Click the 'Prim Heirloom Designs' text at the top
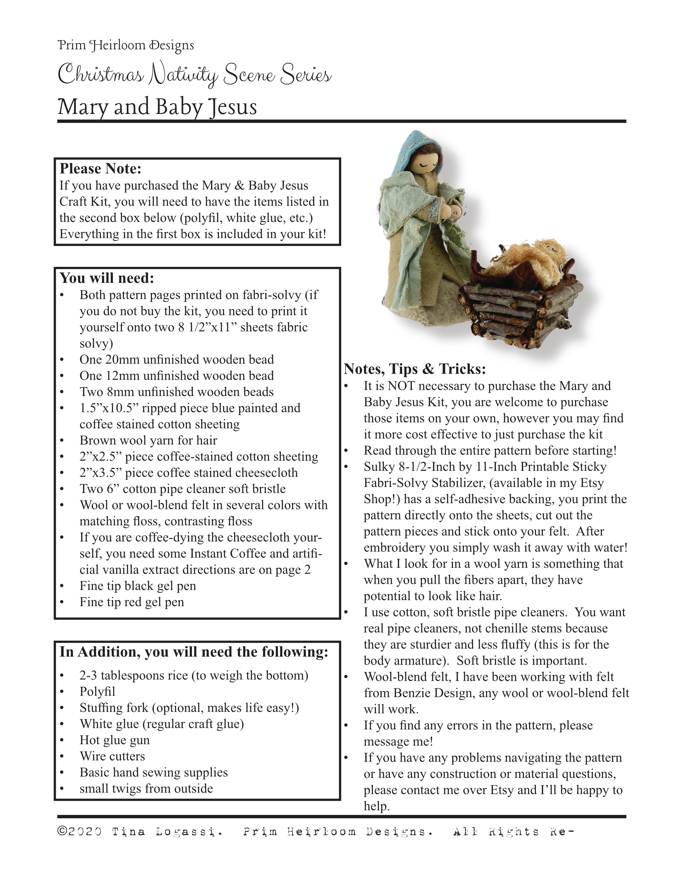click(x=126, y=45)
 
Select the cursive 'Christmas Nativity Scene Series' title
click(x=195, y=75)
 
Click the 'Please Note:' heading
click(x=100, y=169)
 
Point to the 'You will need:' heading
click(x=107, y=278)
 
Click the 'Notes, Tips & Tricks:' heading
click(x=415, y=369)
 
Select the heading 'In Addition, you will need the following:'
click(x=194, y=652)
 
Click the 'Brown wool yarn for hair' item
click(x=148, y=440)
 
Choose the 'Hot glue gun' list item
click(x=114, y=740)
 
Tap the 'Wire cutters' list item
click(x=112, y=756)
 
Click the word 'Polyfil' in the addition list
click(x=97, y=691)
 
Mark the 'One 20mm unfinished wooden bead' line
click(x=176, y=359)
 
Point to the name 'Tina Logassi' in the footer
click(x=167, y=832)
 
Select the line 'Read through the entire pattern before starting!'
click(x=490, y=451)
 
